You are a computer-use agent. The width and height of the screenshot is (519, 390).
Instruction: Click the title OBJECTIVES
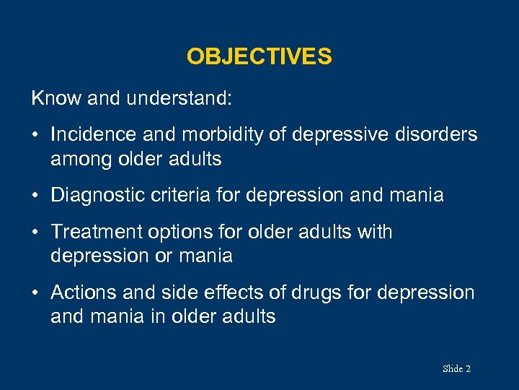259,56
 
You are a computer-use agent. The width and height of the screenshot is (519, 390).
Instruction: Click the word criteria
186,196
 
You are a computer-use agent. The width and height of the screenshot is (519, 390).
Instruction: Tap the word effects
242,292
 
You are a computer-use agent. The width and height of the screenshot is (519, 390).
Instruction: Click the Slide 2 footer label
456,369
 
